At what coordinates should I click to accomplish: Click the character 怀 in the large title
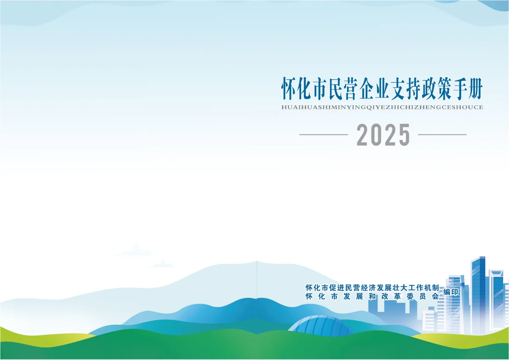pyautogui.click(x=289, y=89)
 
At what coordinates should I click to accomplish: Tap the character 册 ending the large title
pyautogui.click(x=475, y=89)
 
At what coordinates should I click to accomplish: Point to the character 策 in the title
pyautogui.click(x=444, y=89)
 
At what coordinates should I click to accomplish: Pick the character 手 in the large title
pyautogui.click(x=459, y=89)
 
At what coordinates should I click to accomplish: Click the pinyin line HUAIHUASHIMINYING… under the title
pyautogui.click(x=382, y=107)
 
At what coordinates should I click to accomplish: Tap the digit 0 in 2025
pyautogui.click(x=377, y=135)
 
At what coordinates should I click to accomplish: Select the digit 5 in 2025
pyautogui.click(x=403, y=135)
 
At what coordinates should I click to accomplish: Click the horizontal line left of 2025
pyautogui.click(x=324, y=135)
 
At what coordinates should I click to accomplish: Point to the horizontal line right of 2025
pyautogui.click(x=442, y=135)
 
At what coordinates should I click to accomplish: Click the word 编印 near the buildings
pyautogui.click(x=451, y=292)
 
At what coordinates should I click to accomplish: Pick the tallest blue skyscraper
pyautogui.click(x=478, y=295)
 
